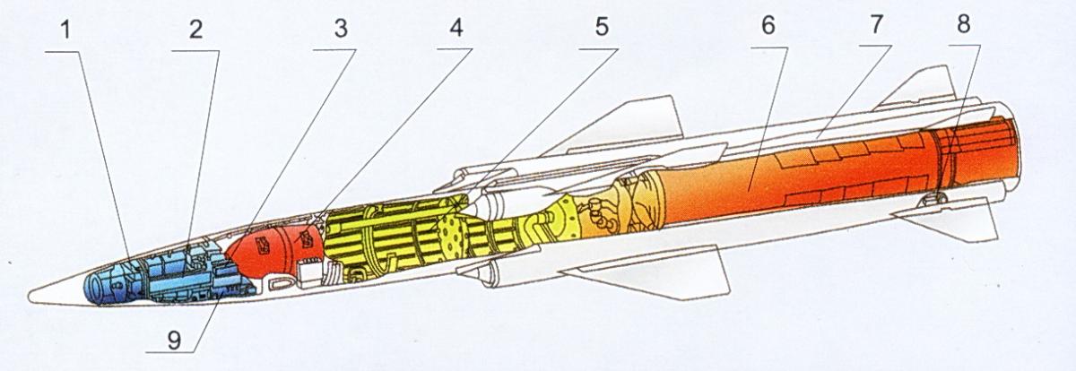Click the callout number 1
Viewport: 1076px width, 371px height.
(x=65, y=30)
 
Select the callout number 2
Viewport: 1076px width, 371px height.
(x=195, y=30)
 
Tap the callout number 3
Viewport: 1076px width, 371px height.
(x=341, y=29)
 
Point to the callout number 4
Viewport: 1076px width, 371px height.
(x=456, y=28)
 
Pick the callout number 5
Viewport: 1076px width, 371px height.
(x=602, y=26)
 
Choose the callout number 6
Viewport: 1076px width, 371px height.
(x=768, y=25)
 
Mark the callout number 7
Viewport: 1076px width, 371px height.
(x=876, y=24)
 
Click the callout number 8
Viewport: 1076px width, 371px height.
(x=963, y=24)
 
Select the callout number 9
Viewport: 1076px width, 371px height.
(x=174, y=341)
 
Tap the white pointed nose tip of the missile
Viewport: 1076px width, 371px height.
(x=30, y=295)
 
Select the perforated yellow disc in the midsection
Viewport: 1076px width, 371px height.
(x=453, y=234)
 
